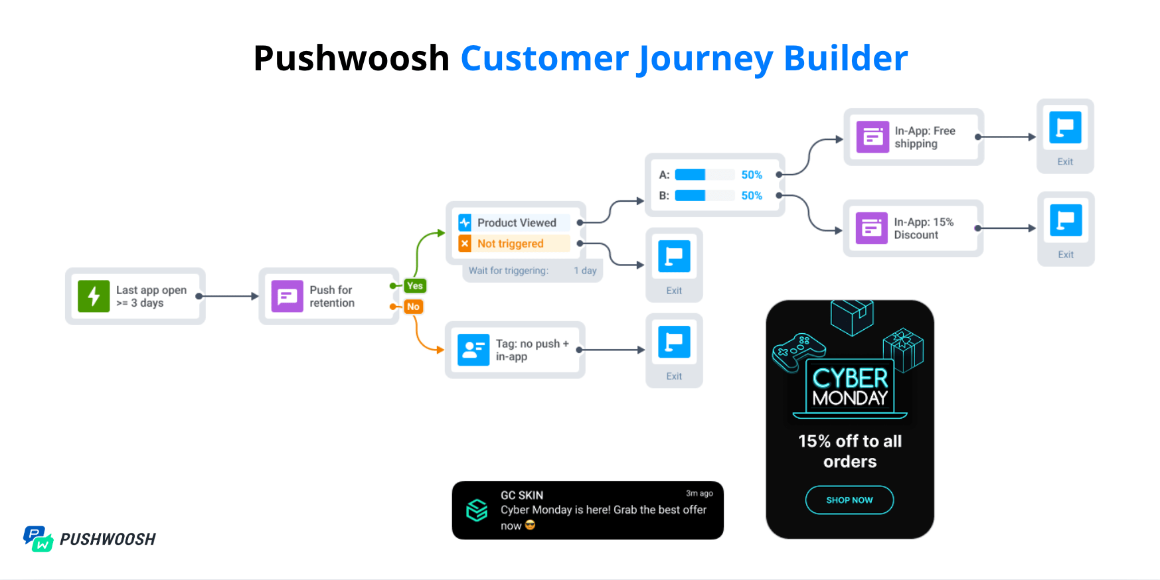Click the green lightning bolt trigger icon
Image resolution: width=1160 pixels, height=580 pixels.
tap(94, 296)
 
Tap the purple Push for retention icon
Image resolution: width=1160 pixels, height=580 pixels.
tap(287, 296)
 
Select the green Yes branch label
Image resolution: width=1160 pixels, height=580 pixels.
tap(415, 286)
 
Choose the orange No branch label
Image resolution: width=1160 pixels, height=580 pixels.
tap(413, 307)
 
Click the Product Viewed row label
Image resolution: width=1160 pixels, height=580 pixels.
tap(517, 223)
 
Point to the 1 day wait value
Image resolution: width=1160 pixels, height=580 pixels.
tap(585, 271)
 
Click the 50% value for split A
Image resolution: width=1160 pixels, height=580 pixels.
tap(752, 175)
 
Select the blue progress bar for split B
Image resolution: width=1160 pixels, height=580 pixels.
tap(691, 196)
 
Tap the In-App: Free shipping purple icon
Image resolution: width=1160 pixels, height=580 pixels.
tap(872, 137)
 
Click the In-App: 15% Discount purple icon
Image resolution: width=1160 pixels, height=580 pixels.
tap(872, 228)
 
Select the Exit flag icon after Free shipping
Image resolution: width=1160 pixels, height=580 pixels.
tap(1065, 128)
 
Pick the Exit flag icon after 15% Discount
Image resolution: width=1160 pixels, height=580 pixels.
tap(1066, 221)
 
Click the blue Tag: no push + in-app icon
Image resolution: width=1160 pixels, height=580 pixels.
tap(473, 350)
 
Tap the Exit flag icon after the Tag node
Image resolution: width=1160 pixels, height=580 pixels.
tap(674, 342)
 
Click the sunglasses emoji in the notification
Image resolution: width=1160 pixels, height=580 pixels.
tap(530, 526)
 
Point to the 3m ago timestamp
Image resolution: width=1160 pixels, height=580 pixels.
tap(699, 493)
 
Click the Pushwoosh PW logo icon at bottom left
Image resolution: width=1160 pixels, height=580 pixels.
tap(38, 539)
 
